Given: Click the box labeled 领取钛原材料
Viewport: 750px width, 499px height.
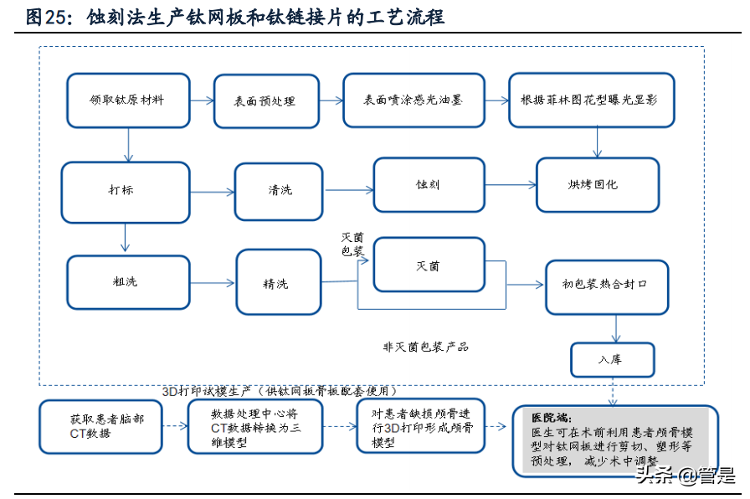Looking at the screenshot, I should pos(128,100).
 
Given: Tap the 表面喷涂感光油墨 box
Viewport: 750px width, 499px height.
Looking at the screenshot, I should pos(413,100).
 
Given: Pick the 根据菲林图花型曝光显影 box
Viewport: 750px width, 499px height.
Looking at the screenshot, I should pos(592,100).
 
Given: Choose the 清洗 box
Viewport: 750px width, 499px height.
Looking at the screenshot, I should pos(280,191).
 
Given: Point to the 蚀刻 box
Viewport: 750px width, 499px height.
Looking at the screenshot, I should pos(429,185).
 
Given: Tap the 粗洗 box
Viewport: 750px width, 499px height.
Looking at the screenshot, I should pos(126,282).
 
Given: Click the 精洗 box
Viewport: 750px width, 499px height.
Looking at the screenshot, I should pos(278,284).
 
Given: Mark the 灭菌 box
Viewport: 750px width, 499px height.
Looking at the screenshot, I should pos(429,266).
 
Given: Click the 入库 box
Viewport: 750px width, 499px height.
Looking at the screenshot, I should pos(613,360).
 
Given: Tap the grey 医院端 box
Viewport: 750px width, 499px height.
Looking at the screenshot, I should pos(614,440).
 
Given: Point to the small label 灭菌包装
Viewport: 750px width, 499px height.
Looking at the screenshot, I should pos(352,244).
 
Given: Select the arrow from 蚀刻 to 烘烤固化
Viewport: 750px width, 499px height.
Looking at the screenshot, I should pos(511,185).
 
